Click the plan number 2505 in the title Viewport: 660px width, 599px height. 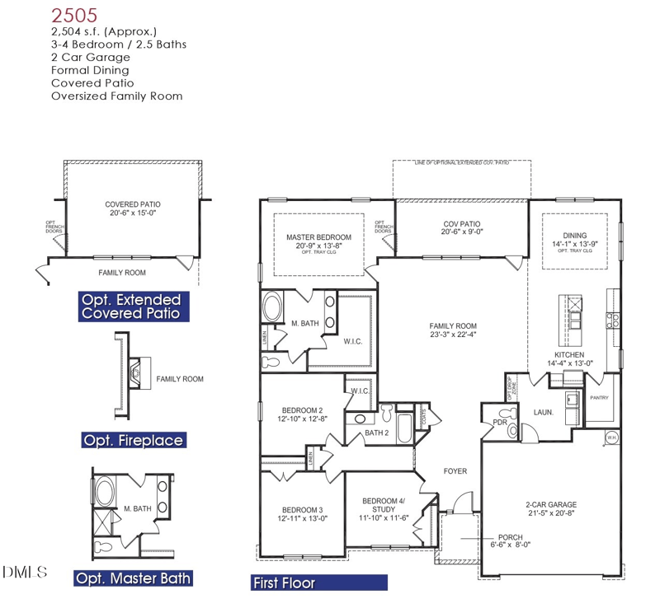coord(74,14)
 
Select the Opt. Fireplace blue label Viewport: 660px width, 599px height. coord(133,440)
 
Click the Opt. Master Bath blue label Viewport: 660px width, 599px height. coord(133,578)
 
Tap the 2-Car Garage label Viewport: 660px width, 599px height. coord(551,505)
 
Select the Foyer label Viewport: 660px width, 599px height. coord(455,471)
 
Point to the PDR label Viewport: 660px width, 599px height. coord(499,422)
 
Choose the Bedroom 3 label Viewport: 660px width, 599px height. coord(302,509)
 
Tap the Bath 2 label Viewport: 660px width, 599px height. coord(376,433)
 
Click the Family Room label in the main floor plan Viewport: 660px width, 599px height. coord(452,326)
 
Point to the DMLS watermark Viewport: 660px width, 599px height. coord(25,571)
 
